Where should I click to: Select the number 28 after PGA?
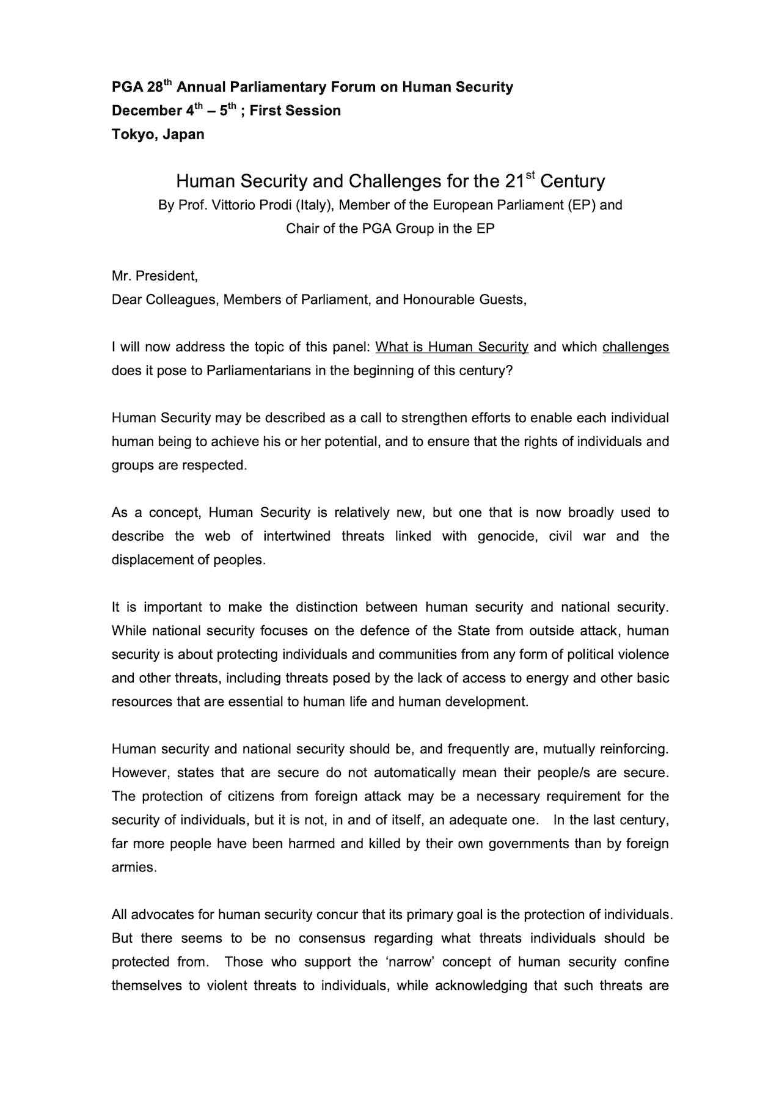[x=155, y=87]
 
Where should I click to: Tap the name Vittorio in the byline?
[x=233, y=205]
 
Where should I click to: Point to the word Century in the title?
[x=572, y=182]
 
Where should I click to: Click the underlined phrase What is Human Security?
[x=451, y=347]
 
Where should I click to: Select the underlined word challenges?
[x=635, y=347]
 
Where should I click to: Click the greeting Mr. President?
[x=155, y=276]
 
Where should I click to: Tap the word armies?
[x=134, y=868]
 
